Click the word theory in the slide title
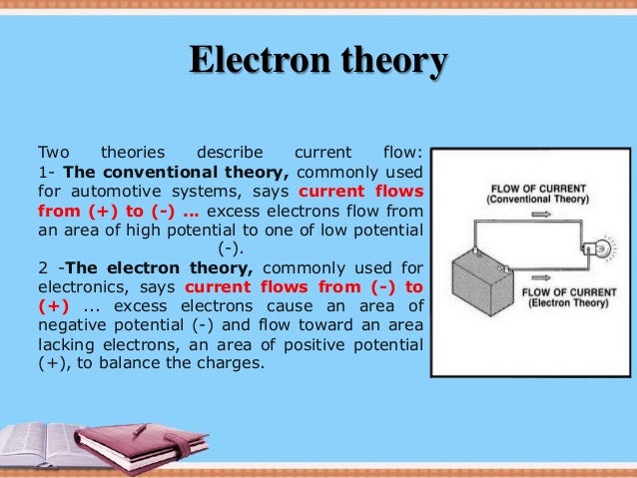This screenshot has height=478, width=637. point(393,61)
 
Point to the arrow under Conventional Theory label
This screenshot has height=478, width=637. point(528,214)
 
